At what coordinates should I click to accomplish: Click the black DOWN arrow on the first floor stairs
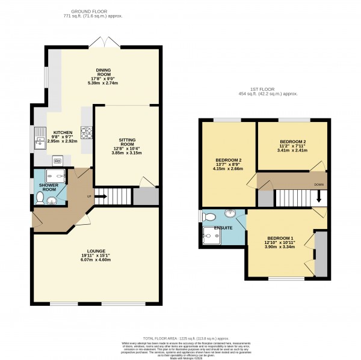319,197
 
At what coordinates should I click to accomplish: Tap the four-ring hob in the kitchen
85,132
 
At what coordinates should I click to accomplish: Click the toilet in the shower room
40,197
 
